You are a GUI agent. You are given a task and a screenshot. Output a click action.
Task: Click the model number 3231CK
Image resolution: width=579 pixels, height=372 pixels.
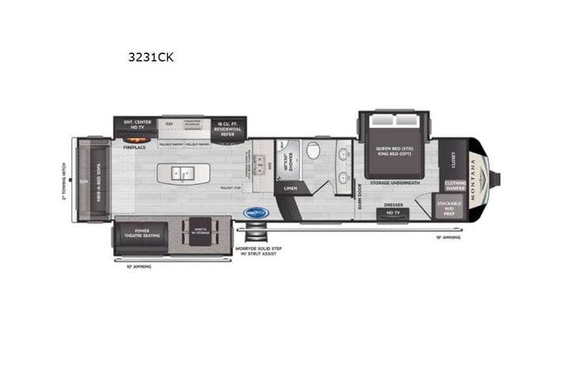coord(150,57)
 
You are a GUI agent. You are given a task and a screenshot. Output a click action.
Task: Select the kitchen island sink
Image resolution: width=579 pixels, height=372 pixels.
coord(182,172)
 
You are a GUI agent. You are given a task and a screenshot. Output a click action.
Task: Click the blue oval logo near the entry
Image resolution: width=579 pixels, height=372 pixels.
coord(256,213)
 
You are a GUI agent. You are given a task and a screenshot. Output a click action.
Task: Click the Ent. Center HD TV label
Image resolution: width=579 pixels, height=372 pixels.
coord(132,124)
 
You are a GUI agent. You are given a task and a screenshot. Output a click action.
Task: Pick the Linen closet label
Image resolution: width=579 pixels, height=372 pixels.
coord(291,188)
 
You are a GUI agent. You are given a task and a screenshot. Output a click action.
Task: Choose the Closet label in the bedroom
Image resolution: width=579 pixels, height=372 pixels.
coord(453,159)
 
